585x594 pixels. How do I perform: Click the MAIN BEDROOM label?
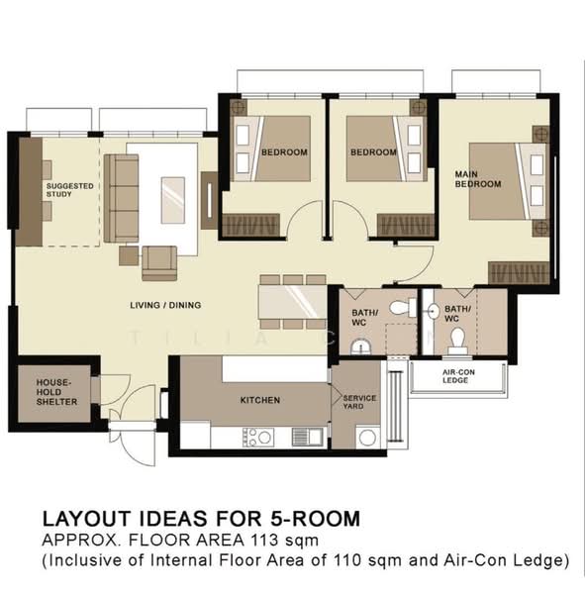[x=477, y=179]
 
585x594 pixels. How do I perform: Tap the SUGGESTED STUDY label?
[x=69, y=189]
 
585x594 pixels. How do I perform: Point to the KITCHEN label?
[x=260, y=400]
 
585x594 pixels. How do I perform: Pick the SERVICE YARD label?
[x=360, y=401]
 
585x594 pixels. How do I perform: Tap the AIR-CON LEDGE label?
[x=454, y=376]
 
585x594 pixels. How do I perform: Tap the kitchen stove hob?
[x=258, y=437]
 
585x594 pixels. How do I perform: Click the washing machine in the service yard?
[x=367, y=437]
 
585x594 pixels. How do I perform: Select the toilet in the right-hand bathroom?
[x=456, y=342]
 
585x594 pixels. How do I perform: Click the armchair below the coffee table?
[x=158, y=262]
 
